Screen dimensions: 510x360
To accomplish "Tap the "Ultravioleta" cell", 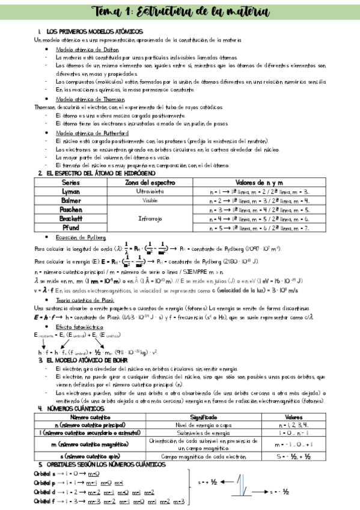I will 150,191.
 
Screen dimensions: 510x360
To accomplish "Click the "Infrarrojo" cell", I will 150,219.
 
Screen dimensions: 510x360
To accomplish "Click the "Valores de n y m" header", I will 258,182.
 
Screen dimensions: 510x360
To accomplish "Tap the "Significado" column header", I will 207,416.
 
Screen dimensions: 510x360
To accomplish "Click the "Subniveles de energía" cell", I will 207,433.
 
